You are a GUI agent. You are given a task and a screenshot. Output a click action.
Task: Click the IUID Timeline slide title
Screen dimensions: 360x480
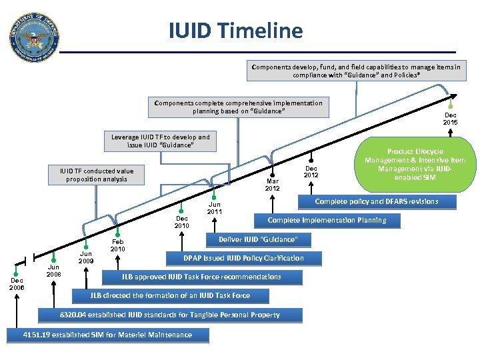[x=235, y=30]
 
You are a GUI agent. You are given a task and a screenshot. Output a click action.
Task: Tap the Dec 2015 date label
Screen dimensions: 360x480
[x=451, y=119]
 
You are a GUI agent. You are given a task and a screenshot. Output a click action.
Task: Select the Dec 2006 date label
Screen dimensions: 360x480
[x=17, y=284]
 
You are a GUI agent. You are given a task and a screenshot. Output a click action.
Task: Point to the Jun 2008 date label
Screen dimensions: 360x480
[x=54, y=271]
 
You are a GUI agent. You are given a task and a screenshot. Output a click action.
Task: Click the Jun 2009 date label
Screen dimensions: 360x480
[x=87, y=257]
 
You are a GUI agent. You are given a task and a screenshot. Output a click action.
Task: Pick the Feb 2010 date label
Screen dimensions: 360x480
[x=118, y=245]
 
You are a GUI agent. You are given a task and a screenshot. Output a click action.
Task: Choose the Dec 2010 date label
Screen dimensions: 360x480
[x=181, y=222]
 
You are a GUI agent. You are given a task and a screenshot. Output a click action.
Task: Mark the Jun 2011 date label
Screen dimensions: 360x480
[x=215, y=208]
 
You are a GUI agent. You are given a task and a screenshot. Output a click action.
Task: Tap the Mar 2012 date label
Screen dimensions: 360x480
[x=273, y=184]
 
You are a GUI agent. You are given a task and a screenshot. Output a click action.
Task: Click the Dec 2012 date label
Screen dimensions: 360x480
[x=311, y=172]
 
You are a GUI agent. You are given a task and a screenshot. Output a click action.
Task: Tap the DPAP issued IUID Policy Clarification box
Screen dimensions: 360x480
[x=243, y=258]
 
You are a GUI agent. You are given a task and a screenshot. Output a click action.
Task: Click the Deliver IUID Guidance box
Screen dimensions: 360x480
[x=257, y=239]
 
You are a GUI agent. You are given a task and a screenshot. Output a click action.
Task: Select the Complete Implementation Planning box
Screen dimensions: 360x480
[x=326, y=220]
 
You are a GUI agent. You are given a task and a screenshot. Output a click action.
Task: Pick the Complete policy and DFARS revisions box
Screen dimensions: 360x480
[x=376, y=201]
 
